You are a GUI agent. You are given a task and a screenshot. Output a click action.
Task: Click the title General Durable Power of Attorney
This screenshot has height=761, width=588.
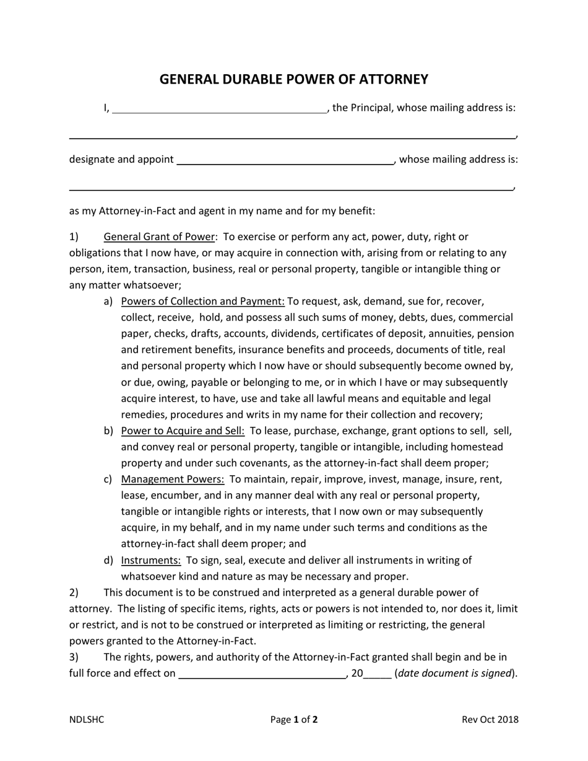pyautogui.click(x=294, y=79)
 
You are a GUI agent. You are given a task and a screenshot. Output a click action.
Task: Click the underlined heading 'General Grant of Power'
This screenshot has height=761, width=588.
pyautogui.click(x=159, y=237)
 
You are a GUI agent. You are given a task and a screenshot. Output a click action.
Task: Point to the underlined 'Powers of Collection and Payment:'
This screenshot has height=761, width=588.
pyautogui.click(x=202, y=301)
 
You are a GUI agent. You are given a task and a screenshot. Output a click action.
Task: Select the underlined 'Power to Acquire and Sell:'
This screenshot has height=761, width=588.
pyautogui.click(x=183, y=431)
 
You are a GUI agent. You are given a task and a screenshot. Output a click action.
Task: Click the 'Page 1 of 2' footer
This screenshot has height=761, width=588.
pyautogui.click(x=294, y=720)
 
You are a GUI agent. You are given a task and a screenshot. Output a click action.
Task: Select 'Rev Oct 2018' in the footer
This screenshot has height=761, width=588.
pyautogui.click(x=490, y=720)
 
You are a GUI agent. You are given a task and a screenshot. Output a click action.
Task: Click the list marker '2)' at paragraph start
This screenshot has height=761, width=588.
pyautogui.click(x=74, y=592)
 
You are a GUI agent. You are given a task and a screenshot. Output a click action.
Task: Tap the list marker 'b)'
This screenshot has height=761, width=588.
pyautogui.click(x=108, y=431)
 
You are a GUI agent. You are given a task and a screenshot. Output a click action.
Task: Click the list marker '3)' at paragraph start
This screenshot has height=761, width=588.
pyautogui.click(x=74, y=656)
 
